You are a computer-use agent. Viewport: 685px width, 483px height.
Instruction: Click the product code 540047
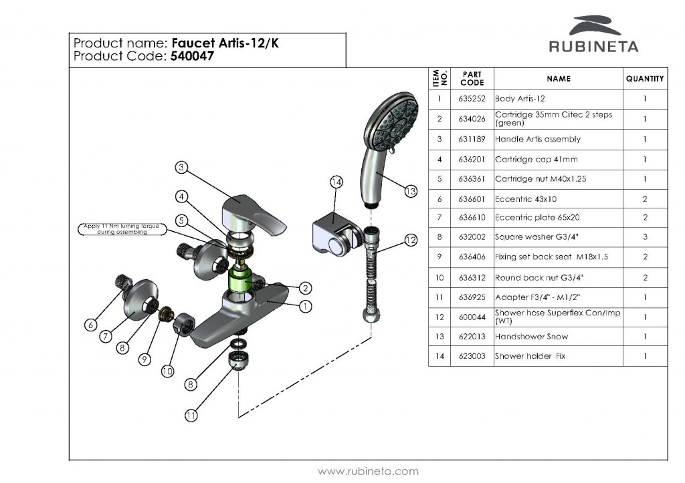(x=192, y=57)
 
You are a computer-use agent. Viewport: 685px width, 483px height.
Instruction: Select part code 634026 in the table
(x=472, y=119)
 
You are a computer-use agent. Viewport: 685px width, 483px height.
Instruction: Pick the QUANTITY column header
(x=645, y=79)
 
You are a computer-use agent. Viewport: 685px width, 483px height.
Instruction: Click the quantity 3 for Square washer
(x=645, y=237)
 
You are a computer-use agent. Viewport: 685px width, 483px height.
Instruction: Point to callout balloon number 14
(x=336, y=182)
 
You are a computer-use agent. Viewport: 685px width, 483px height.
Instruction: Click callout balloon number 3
(x=181, y=168)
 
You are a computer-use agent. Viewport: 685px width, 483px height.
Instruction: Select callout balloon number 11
(x=191, y=415)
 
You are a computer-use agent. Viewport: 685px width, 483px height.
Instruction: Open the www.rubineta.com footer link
(x=368, y=471)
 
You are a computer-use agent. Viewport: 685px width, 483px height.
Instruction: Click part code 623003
(x=472, y=356)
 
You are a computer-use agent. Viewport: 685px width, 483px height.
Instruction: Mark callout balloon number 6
(x=90, y=325)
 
